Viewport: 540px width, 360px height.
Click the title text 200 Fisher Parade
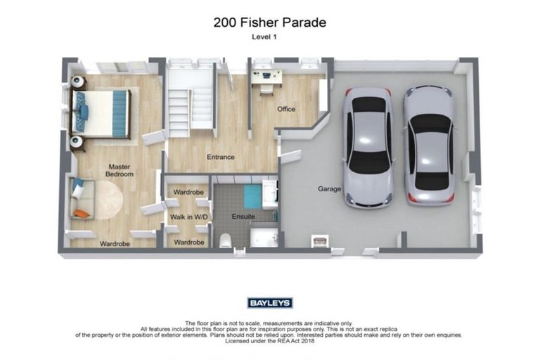click(x=269, y=22)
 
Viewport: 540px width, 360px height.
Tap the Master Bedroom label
click(x=120, y=170)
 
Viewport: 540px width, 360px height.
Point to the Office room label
click(x=285, y=109)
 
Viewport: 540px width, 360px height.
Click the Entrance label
click(x=220, y=157)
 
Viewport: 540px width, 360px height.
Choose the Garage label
click(x=330, y=188)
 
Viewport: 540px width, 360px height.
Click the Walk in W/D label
click(x=188, y=217)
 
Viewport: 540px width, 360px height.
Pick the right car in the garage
click(x=430, y=145)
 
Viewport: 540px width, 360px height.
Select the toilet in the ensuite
click(x=225, y=240)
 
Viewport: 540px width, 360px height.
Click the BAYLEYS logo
click(x=270, y=303)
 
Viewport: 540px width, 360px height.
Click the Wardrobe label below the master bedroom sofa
click(x=113, y=243)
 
